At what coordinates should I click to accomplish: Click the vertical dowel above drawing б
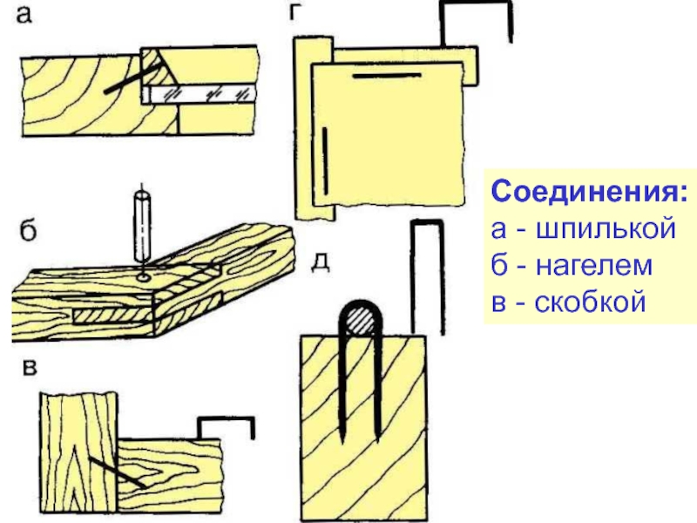(141, 226)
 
